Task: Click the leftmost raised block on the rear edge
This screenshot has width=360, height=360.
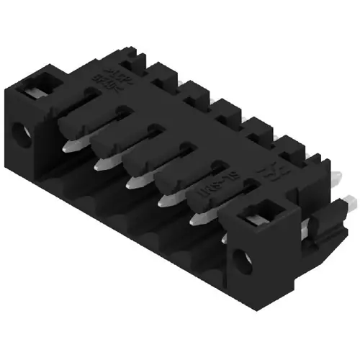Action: pyautogui.click(x=160, y=71)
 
